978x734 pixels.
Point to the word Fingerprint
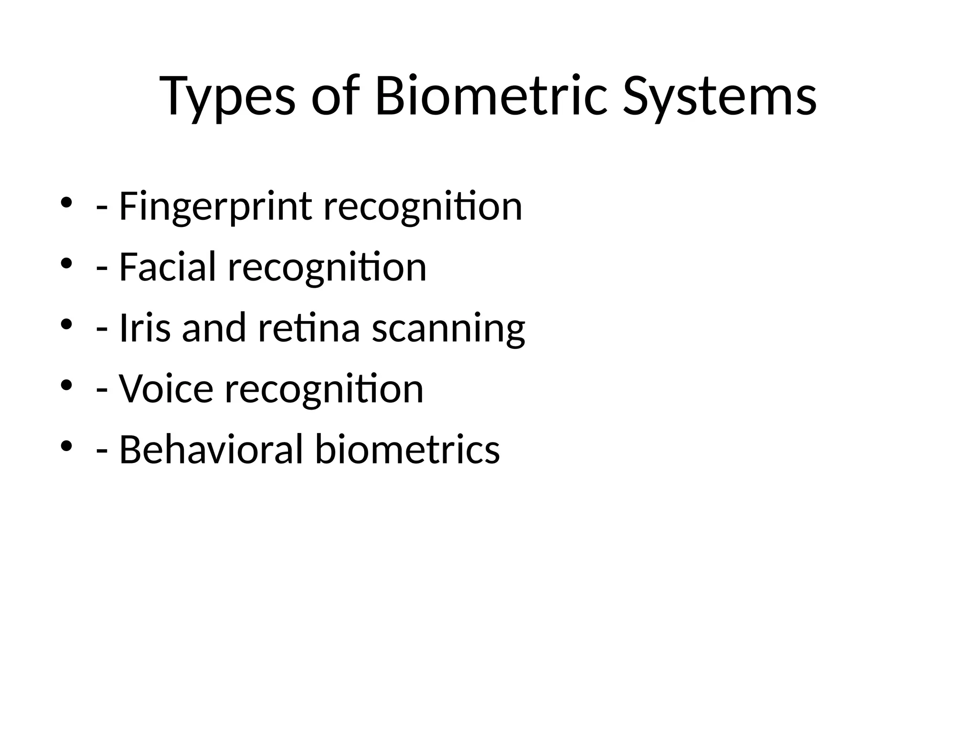coord(215,207)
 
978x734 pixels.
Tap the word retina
coord(309,328)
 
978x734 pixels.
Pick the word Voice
coord(166,389)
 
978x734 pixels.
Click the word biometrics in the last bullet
coord(407,450)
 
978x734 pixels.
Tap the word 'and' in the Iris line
coord(214,328)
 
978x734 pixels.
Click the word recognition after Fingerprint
coord(423,207)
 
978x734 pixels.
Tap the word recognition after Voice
coord(324,389)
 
